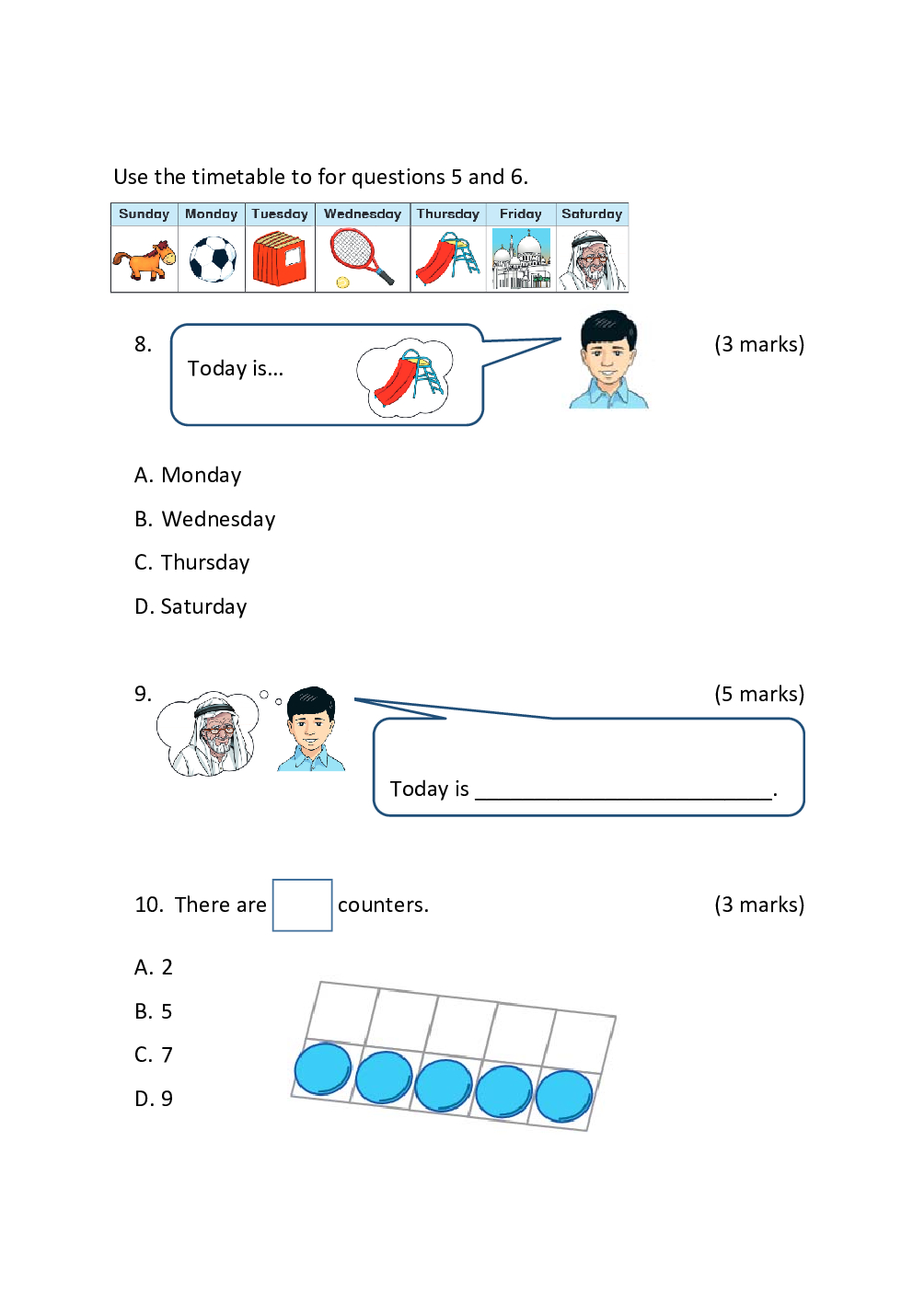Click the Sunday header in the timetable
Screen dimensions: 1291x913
144,214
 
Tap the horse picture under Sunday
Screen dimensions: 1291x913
144,260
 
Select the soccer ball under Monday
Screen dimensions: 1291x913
213,259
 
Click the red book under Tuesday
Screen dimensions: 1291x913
280,259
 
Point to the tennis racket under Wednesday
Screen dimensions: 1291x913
361,257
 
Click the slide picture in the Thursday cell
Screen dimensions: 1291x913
447,259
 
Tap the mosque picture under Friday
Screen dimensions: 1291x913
521,259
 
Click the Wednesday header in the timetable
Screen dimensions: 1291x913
363,214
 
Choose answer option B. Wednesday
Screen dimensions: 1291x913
205,520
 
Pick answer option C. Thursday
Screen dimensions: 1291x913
192,563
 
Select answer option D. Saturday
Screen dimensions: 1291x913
191,607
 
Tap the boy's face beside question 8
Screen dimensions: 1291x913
607,352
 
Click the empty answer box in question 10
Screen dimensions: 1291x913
302,905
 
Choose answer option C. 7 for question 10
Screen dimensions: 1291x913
154,1055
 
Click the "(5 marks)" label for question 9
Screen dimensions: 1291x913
759,694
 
